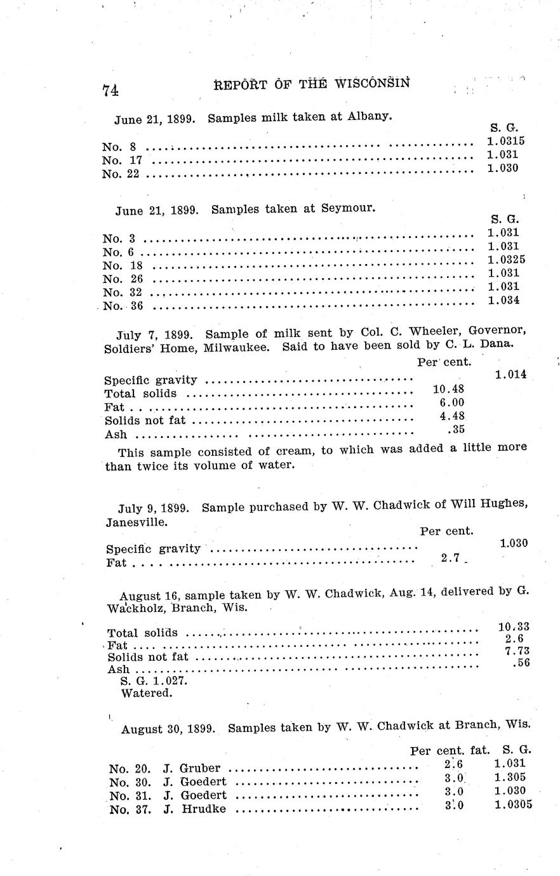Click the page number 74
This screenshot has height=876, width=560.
click(x=110, y=90)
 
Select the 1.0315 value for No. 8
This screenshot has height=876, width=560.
click(x=505, y=141)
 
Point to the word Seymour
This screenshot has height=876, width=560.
click(x=348, y=208)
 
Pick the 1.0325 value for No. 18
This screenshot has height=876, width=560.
click(x=506, y=260)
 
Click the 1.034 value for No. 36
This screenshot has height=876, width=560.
click(x=503, y=300)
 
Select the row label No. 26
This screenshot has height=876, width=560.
click(x=123, y=279)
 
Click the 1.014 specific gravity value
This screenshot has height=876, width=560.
click(x=510, y=375)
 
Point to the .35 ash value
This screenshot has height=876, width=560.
click(x=456, y=430)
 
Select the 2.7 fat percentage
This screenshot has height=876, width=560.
click(x=450, y=558)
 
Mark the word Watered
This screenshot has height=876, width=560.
click(x=146, y=693)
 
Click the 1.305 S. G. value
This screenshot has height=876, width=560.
click(x=510, y=777)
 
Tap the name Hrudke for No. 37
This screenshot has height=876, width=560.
click(x=204, y=809)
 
